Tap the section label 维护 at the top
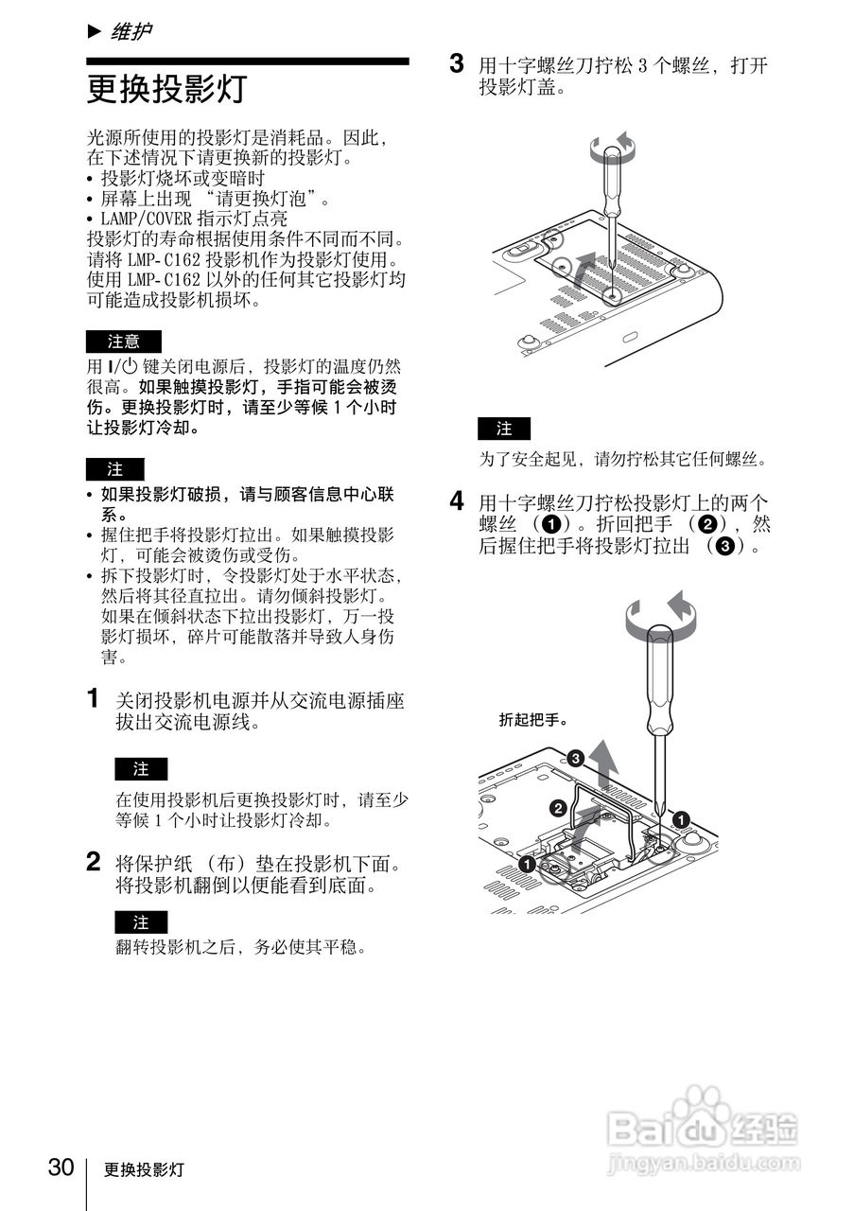pyautogui.click(x=131, y=32)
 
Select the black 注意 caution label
pyautogui.click(x=124, y=342)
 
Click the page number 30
pyautogui.click(x=61, y=1167)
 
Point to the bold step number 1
pyautogui.click(x=94, y=699)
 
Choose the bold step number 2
pyautogui.click(x=94, y=862)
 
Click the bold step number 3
pyautogui.click(x=457, y=64)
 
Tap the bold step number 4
pyautogui.click(x=457, y=500)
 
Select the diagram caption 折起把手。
pyautogui.click(x=533, y=720)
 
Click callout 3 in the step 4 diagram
pyautogui.click(x=575, y=757)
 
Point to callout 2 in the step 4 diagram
pyautogui.click(x=557, y=807)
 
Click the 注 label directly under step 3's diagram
pyautogui.click(x=504, y=429)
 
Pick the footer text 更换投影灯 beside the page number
pyautogui.click(x=144, y=1169)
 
